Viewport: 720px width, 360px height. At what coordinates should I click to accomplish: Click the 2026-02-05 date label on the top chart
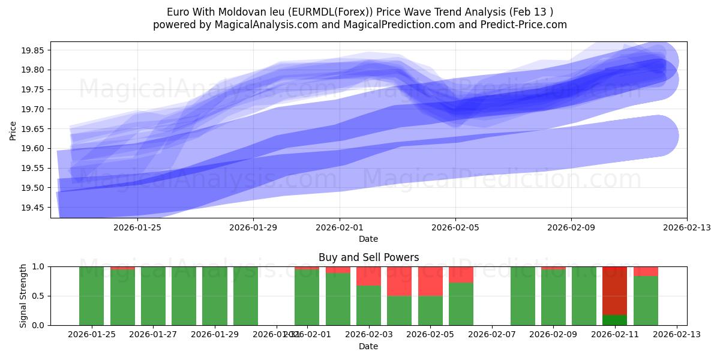click(455, 227)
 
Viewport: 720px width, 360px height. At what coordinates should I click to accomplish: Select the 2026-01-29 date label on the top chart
click(253, 227)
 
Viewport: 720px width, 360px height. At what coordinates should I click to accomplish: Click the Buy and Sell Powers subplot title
click(368, 257)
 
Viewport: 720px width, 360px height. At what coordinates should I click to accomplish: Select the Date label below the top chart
click(368, 239)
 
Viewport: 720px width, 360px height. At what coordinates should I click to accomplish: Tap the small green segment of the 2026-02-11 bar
click(614, 320)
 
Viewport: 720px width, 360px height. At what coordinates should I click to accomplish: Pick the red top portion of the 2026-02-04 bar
click(399, 281)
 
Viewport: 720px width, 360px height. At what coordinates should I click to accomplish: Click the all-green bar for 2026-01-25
click(92, 296)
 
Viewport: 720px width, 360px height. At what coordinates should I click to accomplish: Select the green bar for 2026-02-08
click(523, 296)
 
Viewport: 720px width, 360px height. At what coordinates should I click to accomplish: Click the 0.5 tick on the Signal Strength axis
click(39, 296)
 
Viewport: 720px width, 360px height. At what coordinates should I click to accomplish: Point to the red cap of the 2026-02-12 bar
click(646, 271)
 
